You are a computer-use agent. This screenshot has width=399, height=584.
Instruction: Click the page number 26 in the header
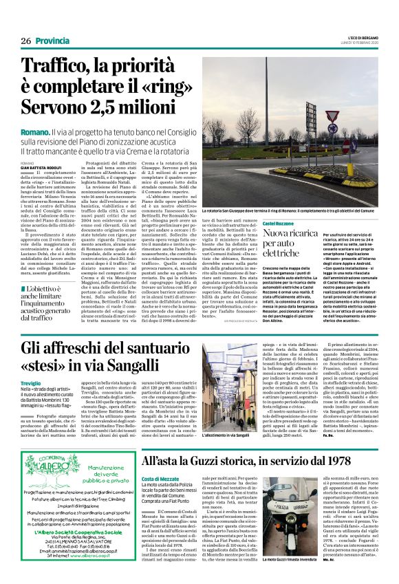(x=25, y=41)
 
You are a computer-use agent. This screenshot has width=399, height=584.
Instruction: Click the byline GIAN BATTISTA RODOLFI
(x=41, y=166)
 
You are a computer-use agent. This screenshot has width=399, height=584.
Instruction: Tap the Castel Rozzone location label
(x=281, y=224)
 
